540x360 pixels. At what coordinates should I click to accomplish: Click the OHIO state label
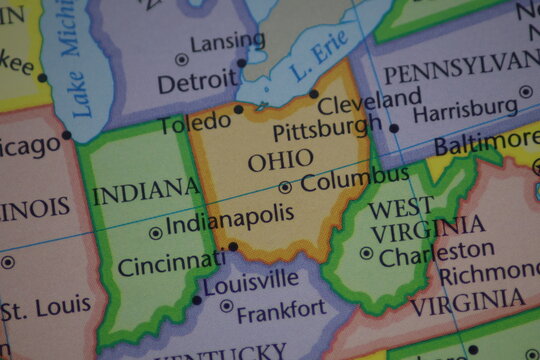[x=280, y=160]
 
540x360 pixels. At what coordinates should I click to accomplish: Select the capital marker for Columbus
[x=285, y=187]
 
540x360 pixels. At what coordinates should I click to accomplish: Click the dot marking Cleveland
[x=314, y=94]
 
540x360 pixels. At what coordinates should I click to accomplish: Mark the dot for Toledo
[x=238, y=110]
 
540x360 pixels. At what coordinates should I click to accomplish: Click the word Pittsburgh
[x=327, y=129]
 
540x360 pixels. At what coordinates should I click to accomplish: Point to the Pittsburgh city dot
[x=394, y=128]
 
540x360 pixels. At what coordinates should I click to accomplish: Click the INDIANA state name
[x=146, y=190]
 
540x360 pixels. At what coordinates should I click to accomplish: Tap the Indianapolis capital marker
[x=155, y=233]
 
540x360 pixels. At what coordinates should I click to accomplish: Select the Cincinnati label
[x=170, y=264]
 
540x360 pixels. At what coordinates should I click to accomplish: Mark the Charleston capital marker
[x=366, y=254]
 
